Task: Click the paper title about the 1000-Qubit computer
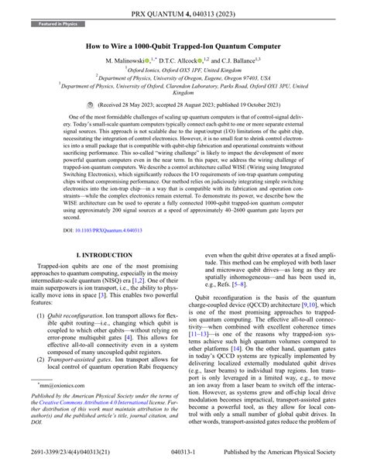pyautogui.click(x=183, y=46)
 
